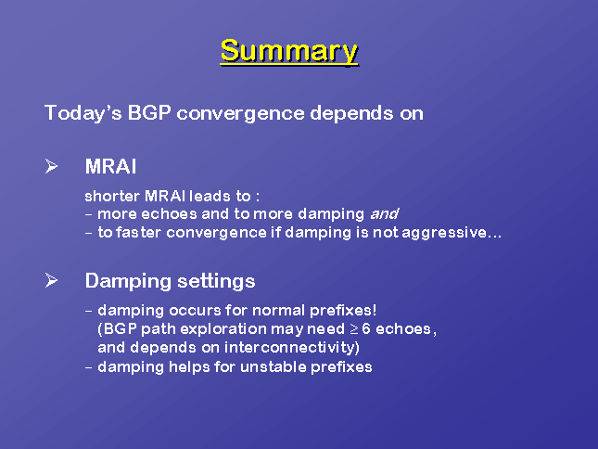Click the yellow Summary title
[x=289, y=51]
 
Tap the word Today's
[x=83, y=113]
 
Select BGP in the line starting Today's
[x=148, y=113]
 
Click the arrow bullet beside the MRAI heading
[x=51, y=166]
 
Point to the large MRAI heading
[x=110, y=166]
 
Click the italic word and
[x=385, y=214]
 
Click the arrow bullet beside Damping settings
[x=51, y=280]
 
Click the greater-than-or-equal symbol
[x=354, y=329]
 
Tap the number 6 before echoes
[x=366, y=328]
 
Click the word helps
[x=189, y=367]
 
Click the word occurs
[x=195, y=311]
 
